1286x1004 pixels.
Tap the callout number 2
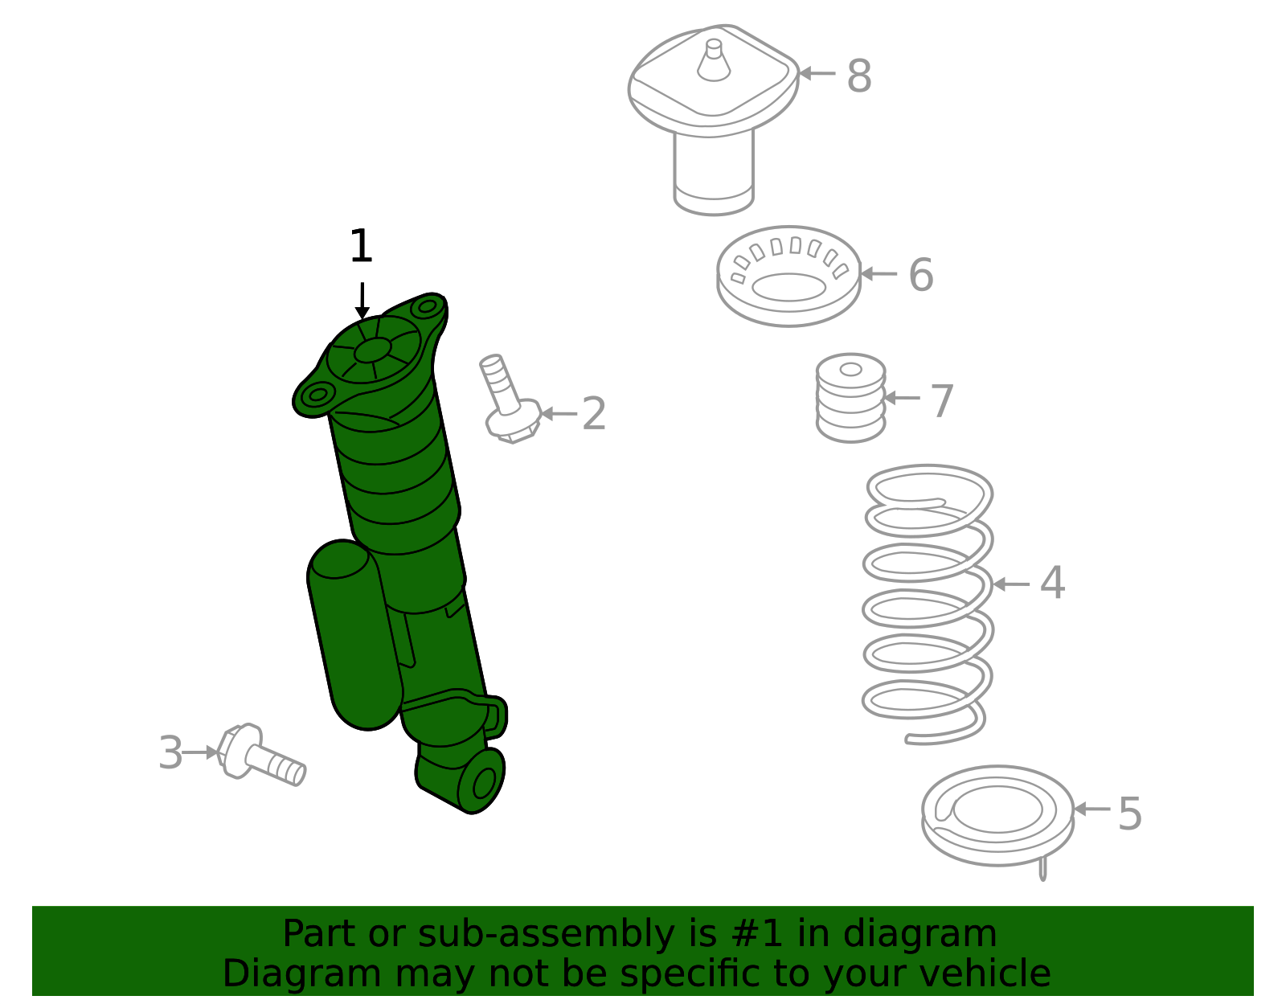click(x=594, y=413)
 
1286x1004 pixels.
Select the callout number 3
click(x=170, y=752)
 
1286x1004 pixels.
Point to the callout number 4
click(x=1053, y=584)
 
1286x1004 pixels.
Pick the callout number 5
click(x=1130, y=813)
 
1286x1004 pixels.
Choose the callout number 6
click(x=921, y=275)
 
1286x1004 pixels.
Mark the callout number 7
click(x=942, y=400)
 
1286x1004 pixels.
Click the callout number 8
click(x=859, y=76)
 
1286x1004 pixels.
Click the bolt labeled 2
click(x=510, y=400)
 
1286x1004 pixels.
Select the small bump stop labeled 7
click(x=850, y=398)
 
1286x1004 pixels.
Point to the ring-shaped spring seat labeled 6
click(x=788, y=276)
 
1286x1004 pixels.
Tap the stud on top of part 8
click(x=714, y=59)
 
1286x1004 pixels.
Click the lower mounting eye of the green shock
click(x=483, y=783)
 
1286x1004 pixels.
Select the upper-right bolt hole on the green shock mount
click(x=428, y=306)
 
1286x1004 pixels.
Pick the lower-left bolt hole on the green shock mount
click(x=318, y=394)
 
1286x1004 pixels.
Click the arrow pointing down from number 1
click(x=362, y=301)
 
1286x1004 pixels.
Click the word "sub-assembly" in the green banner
click(x=546, y=933)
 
